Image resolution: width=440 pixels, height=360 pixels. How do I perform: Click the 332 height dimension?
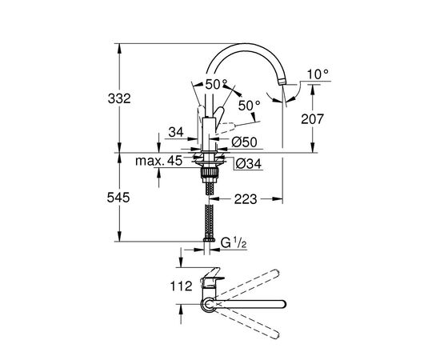click(119, 98)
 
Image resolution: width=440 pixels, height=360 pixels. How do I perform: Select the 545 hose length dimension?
click(118, 198)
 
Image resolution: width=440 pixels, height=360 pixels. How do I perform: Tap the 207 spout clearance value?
click(312, 119)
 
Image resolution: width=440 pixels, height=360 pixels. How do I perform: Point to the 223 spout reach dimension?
click(246, 199)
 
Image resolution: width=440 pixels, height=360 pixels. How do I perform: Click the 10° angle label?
click(318, 74)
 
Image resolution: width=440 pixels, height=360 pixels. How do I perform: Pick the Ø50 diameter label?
click(244, 142)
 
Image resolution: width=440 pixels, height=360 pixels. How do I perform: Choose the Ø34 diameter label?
click(249, 163)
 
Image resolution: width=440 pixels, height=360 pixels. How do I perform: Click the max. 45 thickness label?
click(159, 161)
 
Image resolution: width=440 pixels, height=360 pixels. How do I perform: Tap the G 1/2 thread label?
click(234, 242)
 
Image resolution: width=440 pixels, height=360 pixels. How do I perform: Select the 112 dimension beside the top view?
click(182, 286)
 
